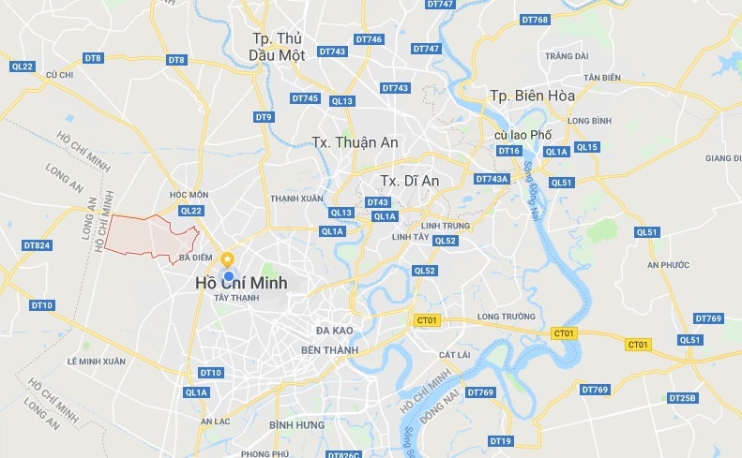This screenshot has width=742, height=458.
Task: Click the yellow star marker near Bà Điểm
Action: pos(227,259)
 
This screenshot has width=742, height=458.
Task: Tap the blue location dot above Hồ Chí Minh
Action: pos(228,275)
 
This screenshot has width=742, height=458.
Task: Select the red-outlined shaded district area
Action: pos(145,234)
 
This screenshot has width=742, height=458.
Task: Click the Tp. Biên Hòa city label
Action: pos(532,96)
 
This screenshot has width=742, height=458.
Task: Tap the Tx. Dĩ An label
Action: pos(410,180)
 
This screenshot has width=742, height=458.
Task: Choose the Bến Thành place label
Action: pos(329,349)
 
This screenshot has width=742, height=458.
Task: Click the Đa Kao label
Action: pos(334,331)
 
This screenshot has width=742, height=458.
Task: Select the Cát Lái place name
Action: pos(453,354)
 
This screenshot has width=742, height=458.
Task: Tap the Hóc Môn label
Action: pos(189,195)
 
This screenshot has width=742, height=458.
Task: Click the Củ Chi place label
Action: pos(59,74)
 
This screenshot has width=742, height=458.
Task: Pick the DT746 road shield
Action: pos(369,39)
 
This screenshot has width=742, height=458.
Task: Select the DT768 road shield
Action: pos(533,20)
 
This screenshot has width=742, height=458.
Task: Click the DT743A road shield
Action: pos(492,179)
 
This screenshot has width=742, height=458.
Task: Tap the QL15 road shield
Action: pos(586,147)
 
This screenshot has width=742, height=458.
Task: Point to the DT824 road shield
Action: pos(37,245)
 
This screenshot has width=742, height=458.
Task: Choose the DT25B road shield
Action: pos(682,398)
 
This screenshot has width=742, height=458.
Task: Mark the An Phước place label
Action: pos(668,264)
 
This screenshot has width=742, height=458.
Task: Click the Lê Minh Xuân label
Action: pos(96,361)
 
